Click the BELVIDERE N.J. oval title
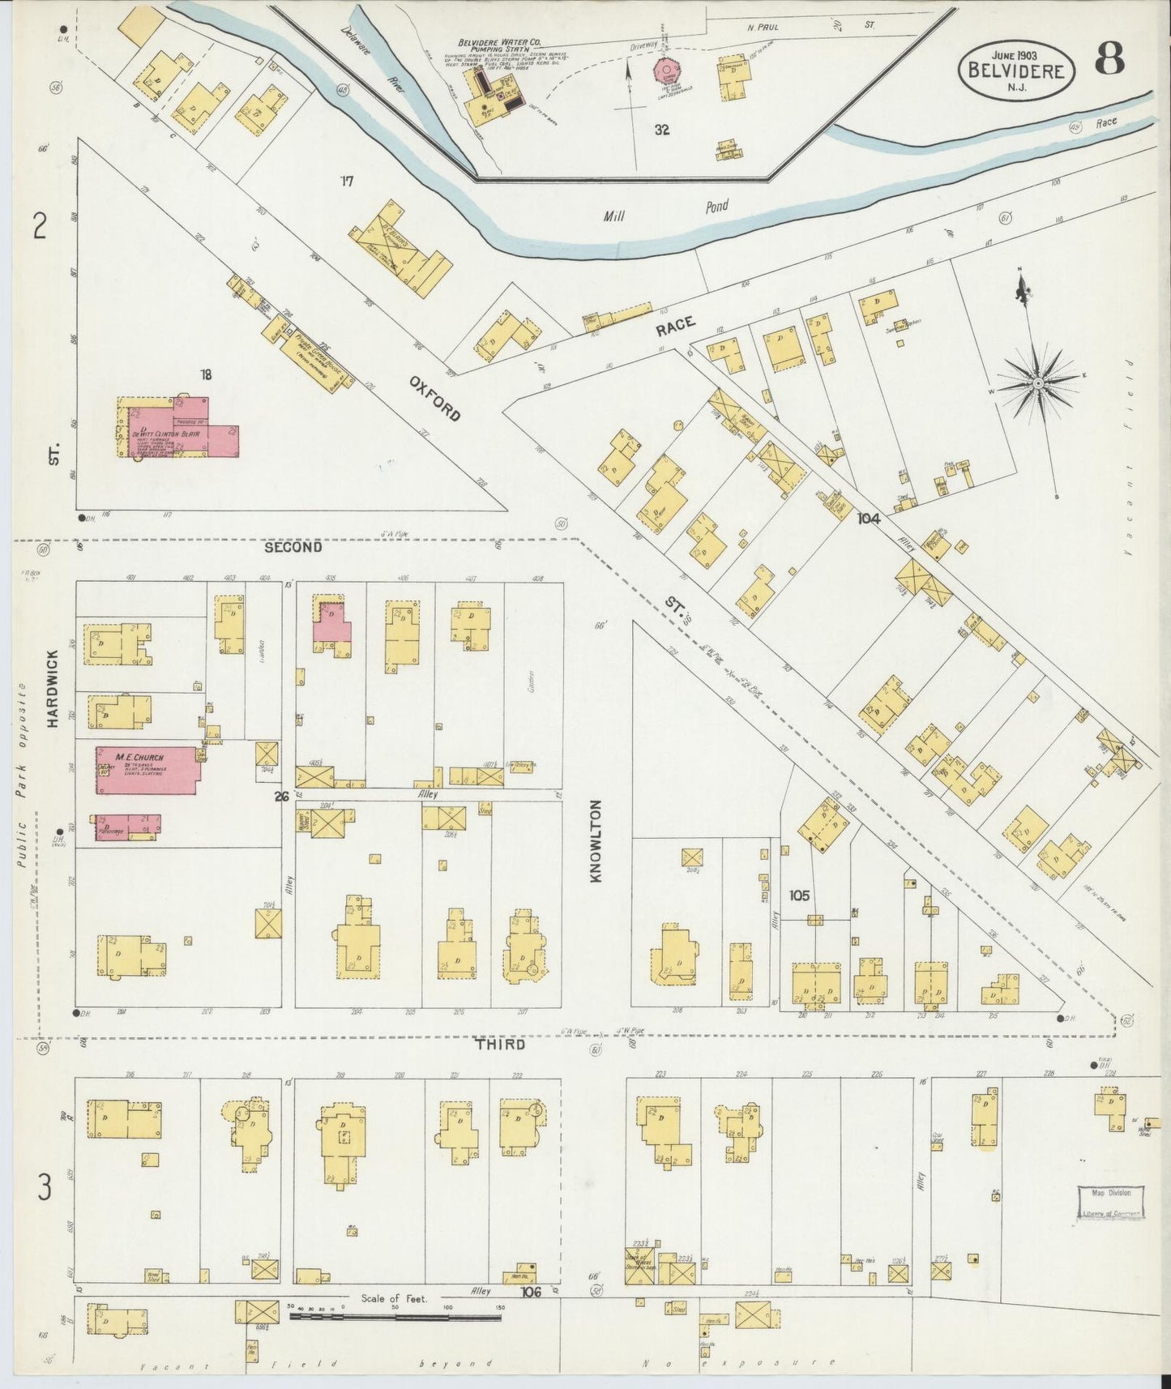pyautogui.click(x=1016, y=71)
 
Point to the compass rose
pyautogui.click(x=1037, y=383)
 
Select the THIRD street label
pyautogui.click(x=500, y=1045)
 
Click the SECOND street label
pyautogui.click(x=293, y=548)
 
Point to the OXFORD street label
pyautogui.click(x=434, y=398)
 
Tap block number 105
pyautogui.click(x=799, y=896)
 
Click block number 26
pyautogui.click(x=281, y=797)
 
